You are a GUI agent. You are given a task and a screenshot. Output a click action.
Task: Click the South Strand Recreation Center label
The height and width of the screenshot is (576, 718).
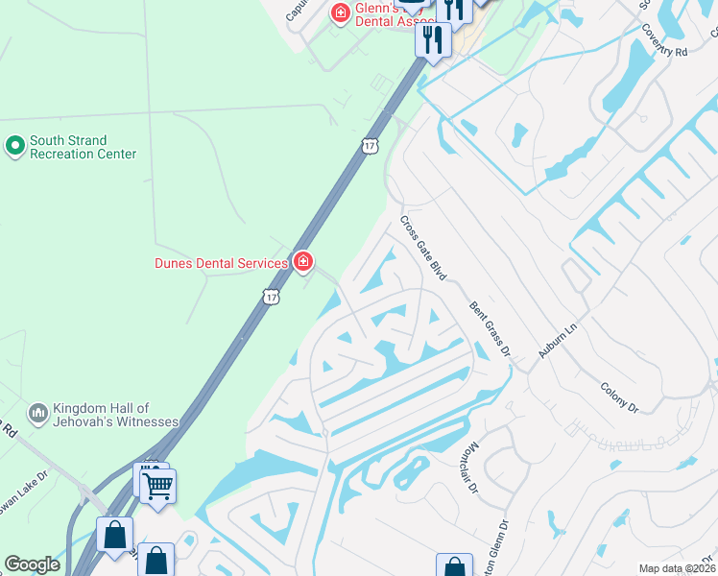tap(83, 147)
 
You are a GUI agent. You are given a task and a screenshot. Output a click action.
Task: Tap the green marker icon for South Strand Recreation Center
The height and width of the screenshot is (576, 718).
tap(14, 146)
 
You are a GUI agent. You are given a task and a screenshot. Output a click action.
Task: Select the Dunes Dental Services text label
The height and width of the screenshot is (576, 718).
tap(222, 263)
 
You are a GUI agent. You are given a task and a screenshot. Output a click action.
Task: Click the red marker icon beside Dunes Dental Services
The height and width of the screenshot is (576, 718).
tap(303, 261)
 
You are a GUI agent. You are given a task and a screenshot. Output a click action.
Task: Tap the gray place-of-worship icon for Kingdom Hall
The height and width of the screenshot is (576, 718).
tap(38, 413)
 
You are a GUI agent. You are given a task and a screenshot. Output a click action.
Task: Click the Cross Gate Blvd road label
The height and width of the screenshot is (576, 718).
tap(423, 247)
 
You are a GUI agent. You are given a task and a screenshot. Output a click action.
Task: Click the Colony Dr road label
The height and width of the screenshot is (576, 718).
tap(619, 396)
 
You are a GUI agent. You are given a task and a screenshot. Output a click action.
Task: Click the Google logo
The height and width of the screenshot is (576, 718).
tap(32, 564)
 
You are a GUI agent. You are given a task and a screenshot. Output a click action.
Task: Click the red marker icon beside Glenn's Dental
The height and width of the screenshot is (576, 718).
tap(339, 12)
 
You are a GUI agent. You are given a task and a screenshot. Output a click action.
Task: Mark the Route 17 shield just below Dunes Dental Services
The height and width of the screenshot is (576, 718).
tap(271, 299)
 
